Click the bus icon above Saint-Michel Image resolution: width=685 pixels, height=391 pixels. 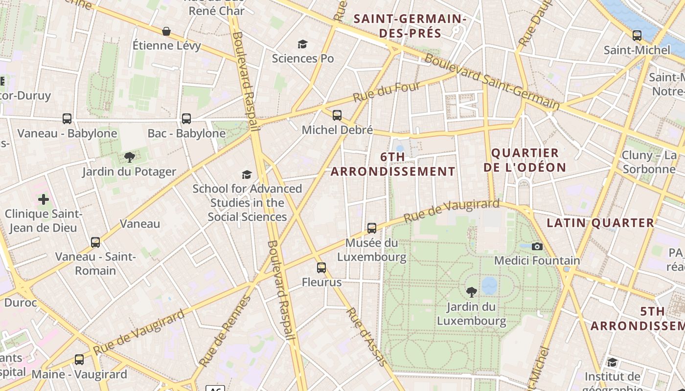(637, 36)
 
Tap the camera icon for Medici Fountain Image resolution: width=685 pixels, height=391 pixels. (537, 246)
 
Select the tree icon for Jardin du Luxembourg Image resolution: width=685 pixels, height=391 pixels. (471, 292)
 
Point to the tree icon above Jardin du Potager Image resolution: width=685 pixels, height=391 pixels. (129, 157)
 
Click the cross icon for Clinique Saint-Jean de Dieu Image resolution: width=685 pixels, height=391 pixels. (44, 199)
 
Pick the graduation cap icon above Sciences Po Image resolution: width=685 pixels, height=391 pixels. (302, 44)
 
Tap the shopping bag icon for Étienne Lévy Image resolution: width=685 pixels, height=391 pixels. (166, 32)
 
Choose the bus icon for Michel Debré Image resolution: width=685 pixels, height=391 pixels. (337, 115)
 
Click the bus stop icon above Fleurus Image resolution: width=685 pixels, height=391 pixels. (321, 268)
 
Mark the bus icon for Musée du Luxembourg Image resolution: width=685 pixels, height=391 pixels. (371, 228)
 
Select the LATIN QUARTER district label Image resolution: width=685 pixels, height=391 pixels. (600, 223)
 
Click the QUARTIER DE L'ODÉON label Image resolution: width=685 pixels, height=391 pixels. (525, 160)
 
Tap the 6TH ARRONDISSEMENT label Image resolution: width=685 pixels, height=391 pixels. (393, 164)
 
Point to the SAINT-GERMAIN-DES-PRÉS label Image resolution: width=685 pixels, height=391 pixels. (410, 26)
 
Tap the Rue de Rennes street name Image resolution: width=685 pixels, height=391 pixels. (225, 331)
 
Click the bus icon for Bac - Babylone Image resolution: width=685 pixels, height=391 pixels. (186, 119)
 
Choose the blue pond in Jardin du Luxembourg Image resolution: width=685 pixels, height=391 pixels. (489, 285)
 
